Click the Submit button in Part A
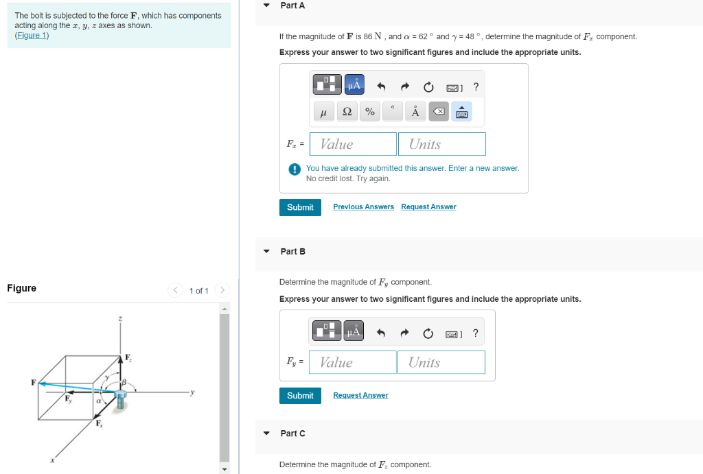[300, 207]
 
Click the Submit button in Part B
[300, 396]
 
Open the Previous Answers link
[363, 207]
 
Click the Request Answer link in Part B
[360, 396]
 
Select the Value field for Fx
[353, 144]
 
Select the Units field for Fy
[441, 362]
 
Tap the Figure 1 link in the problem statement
[32, 36]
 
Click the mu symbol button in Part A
[323, 112]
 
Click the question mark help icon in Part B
[476, 333]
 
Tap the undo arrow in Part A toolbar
[382, 87]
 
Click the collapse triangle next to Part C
[266, 434]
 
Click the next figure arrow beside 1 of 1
[222, 291]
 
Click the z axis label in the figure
[120, 319]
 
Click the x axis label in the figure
[52, 460]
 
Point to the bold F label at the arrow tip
[33, 382]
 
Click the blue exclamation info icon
[294, 169]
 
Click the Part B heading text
[292, 252]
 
